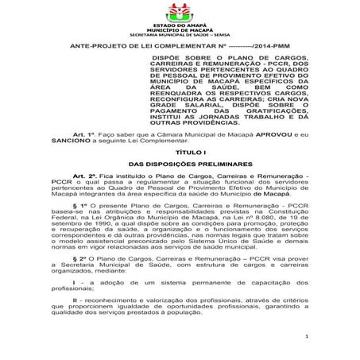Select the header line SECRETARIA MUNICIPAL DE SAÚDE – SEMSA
pyautogui.click(x=179, y=37)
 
